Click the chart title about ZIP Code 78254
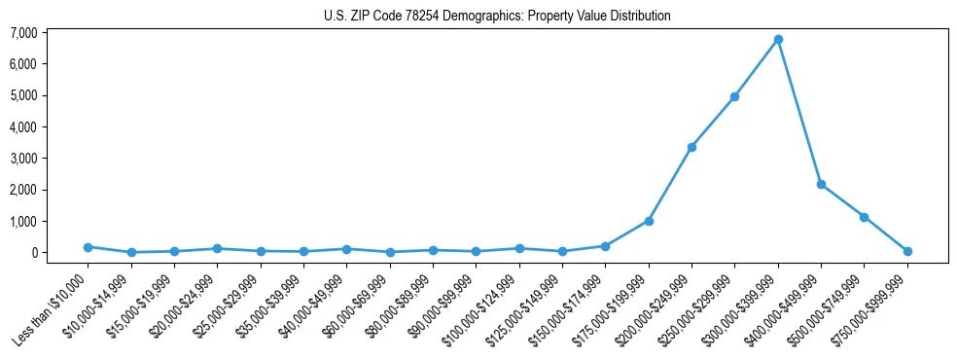coord(497,17)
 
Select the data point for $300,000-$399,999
coord(778,40)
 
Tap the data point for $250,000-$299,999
coord(735,96)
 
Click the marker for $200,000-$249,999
coord(691,147)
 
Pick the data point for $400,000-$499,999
coord(822,184)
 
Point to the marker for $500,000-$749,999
coord(865,217)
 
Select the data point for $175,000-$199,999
coord(649,221)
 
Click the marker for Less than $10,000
coord(88,247)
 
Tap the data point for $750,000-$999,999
coord(907,251)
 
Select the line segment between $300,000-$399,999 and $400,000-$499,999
coord(799,112)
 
